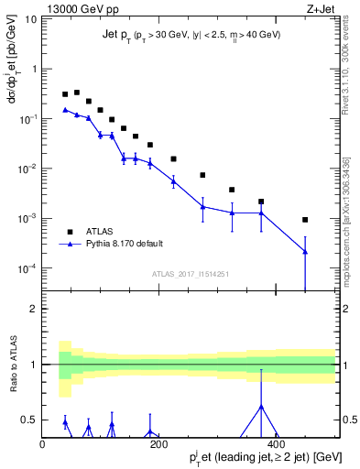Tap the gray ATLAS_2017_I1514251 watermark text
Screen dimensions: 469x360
(189, 274)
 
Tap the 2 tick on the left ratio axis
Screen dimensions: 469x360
(32, 309)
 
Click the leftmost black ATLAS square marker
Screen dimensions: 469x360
(65, 94)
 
